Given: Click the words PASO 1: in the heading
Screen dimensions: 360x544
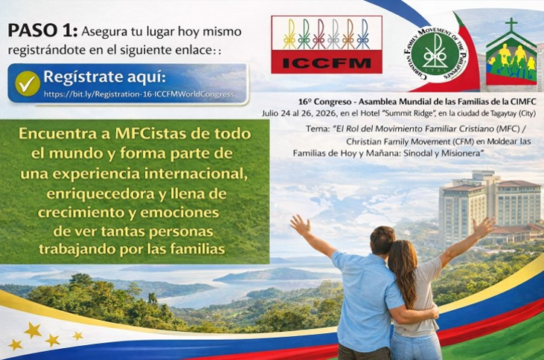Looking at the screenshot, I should pos(41,30).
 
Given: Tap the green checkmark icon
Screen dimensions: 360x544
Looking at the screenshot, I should pos(28,84).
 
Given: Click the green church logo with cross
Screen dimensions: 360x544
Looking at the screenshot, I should pos(511,57).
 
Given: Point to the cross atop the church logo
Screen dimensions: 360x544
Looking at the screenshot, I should pos(511,25).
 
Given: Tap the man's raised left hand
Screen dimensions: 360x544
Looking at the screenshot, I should pos(300,224).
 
